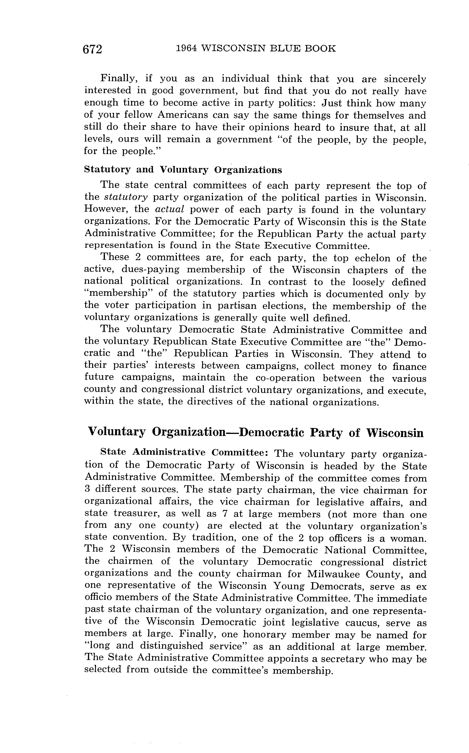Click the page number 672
[92, 49]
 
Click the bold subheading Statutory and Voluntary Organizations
[183, 170]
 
